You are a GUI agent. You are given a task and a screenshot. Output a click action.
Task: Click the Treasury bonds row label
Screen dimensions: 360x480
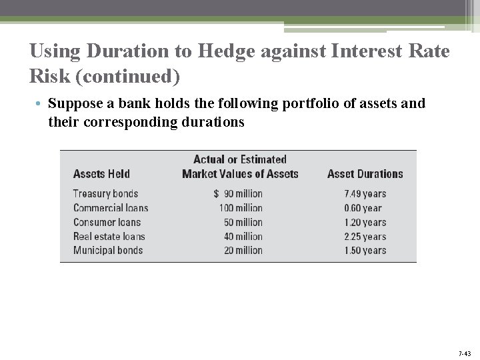(x=105, y=194)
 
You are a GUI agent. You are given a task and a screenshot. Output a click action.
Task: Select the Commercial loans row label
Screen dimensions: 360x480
(x=111, y=208)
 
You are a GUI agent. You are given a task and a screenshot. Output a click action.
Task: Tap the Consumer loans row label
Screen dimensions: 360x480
(x=107, y=223)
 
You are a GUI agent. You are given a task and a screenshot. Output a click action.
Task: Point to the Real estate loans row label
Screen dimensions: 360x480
(x=109, y=237)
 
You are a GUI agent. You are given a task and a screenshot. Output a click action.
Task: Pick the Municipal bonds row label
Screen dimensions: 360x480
(x=108, y=251)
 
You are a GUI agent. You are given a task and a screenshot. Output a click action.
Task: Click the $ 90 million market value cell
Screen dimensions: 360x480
(x=238, y=194)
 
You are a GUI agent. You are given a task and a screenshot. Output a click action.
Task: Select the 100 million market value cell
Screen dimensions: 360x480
(x=241, y=208)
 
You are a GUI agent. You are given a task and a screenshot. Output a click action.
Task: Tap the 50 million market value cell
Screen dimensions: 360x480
(x=243, y=223)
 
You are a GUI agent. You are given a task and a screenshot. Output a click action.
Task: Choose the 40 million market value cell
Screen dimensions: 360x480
(x=243, y=237)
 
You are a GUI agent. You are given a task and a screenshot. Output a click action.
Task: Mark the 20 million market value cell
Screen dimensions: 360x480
(x=243, y=251)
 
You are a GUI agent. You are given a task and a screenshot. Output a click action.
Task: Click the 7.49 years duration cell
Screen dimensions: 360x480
(x=365, y=194)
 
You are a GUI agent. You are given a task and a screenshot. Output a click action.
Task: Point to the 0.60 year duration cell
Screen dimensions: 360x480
(x=363, y=208)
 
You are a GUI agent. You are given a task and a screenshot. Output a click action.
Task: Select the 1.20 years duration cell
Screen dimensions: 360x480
(x=365, y=223)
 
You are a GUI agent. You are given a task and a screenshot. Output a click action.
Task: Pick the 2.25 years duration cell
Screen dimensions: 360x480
(x=365, y=237)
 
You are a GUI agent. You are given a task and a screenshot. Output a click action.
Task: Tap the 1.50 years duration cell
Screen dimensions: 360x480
(x=365, y=251)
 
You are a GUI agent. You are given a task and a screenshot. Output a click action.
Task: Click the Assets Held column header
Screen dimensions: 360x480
(x=101, y=174)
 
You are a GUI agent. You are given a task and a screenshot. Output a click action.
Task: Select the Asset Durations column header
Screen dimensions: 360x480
(x=365, y=174)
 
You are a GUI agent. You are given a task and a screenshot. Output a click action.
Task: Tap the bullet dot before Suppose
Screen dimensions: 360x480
(x=40, y=105)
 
